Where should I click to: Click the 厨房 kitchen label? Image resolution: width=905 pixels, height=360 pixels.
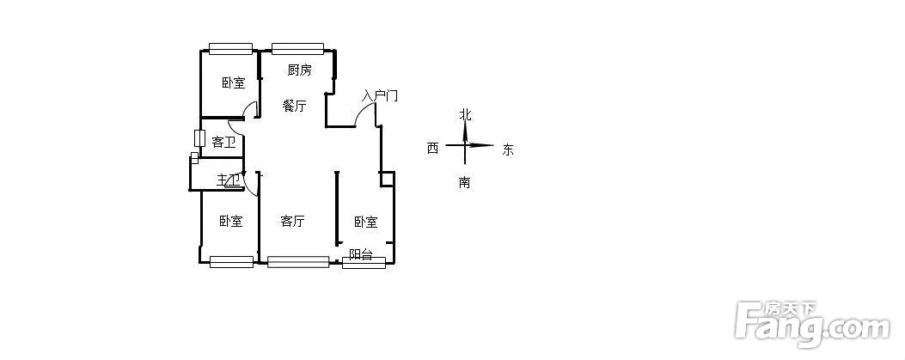(x=299, y=70)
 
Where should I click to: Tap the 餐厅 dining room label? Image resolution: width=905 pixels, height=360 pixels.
(x=295, y=107)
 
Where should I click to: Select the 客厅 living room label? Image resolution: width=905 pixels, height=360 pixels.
(x=293, y=222)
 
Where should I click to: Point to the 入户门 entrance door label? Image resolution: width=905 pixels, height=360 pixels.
(x=379, y=95)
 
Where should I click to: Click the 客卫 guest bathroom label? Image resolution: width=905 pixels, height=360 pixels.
(x=223, y=143)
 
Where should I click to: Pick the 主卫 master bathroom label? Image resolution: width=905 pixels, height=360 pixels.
(x=228, y=180)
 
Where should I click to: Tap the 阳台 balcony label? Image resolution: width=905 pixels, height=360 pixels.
(x=361, y=254)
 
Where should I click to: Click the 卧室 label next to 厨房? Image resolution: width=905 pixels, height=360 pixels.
(x=233, y=83)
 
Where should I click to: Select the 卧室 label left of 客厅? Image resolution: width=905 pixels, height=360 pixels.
(x=230, y=222)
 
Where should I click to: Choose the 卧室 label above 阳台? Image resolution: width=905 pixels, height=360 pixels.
(x=365, y=223)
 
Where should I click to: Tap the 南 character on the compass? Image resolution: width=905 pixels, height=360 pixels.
(x=464, y=182)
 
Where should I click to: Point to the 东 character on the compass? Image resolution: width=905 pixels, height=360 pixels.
(x=508, y=149)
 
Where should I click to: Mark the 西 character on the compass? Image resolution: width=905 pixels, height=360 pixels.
(x=432, y=149)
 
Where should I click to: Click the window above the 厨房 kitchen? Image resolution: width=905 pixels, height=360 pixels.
(x=297, y=48)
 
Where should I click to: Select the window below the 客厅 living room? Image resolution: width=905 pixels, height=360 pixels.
(x=298, y=262)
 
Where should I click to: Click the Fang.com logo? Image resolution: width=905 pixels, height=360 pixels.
(x=811, y=324)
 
